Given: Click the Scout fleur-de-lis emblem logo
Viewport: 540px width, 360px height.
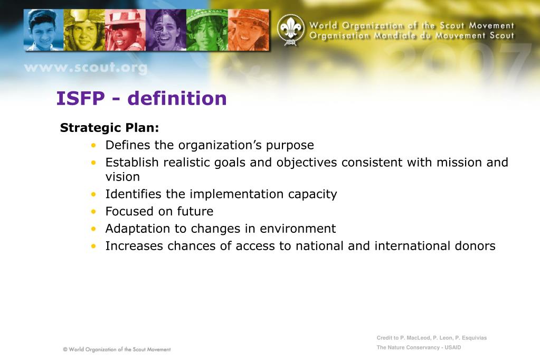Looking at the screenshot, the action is [291, 30].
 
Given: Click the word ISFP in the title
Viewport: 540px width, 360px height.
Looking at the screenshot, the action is [81, 98].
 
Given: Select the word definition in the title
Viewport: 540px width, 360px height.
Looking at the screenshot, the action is [177, 98].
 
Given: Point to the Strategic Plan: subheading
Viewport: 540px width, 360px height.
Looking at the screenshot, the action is [109, 128].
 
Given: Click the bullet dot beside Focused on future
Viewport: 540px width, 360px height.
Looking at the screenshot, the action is [93, 211].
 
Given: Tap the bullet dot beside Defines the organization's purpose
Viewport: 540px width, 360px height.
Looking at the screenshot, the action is [93, 145].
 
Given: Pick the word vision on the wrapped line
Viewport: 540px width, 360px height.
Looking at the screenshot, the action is [122, 177].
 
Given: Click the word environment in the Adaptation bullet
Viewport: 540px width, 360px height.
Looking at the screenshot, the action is [298, 229].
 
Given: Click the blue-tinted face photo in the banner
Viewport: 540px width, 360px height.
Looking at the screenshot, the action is [44, 30].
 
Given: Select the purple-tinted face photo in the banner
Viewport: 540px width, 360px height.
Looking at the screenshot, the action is [166, 30].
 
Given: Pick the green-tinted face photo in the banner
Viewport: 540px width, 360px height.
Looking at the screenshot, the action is [207, 30].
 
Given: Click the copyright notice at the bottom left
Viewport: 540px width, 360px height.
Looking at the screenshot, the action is [117, 349].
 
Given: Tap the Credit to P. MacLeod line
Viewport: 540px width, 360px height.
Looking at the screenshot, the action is [431, 338].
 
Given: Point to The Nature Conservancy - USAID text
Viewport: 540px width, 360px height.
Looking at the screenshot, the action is [419, 347].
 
